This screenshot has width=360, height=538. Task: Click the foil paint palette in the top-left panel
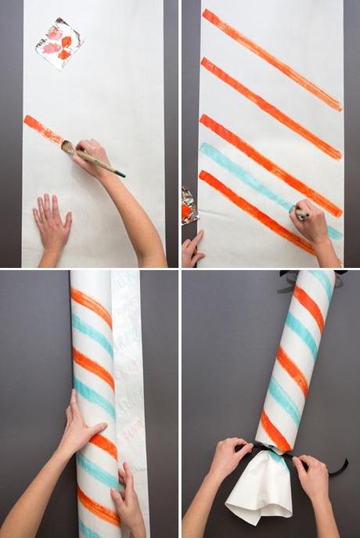[59, 42]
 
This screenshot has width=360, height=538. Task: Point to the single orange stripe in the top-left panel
[44, 129]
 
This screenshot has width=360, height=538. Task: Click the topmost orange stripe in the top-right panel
[271, 59]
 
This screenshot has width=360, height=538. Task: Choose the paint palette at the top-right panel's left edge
[189, 205]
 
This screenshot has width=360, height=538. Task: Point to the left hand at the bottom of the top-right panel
[193, 249]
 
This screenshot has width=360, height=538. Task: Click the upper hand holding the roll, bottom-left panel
[82, 427]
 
